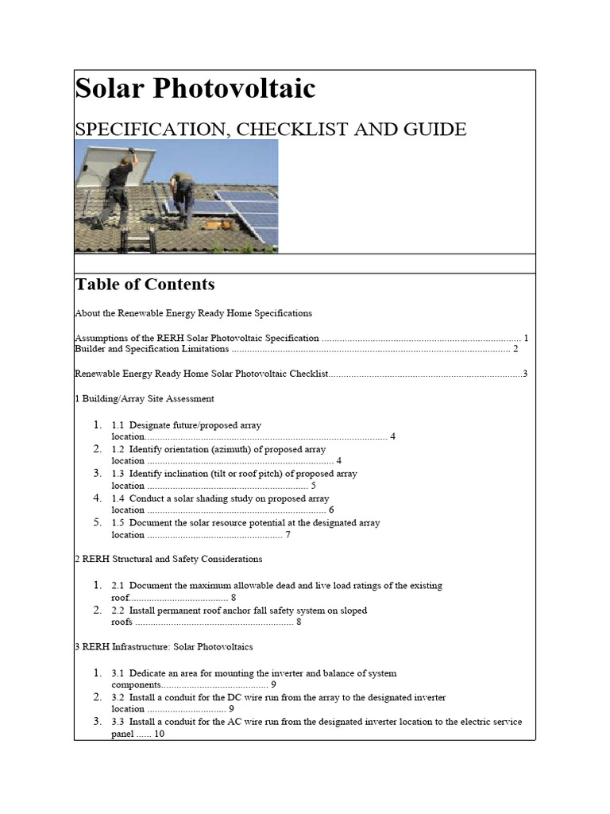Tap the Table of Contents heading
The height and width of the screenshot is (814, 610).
pyautogui.click(x=145, y=285)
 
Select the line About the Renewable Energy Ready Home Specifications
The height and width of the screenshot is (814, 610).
pyautogui.click(x=193, y=313)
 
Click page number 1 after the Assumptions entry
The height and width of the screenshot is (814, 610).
pyautogui.click(x=527, y=338)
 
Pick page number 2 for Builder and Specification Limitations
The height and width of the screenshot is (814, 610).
pyautogui.click(x=515, y=349)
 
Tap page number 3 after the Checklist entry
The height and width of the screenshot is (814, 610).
pyautogui.click(x=525, y=374)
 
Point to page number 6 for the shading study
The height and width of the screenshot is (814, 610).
pyautogui.click(x=331, y=510)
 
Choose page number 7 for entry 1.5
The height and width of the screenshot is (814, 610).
pyautogui.click(x=288, y=535)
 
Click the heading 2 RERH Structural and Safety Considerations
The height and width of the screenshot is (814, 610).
pyautogui.click(x=168, y=560)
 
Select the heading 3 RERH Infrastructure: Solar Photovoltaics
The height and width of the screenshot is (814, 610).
pyautogui.click(x=164, y=647)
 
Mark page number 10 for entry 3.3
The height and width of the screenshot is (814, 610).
pyautogui.click(x=160, y=735)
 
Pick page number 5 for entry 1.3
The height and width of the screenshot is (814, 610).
pyautogui.click(x=314, y=486)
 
